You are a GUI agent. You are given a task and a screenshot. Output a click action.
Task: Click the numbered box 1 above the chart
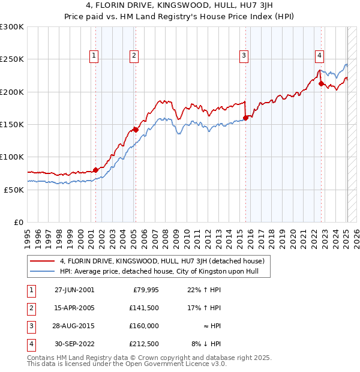pyautogui.click(x=95, y=56)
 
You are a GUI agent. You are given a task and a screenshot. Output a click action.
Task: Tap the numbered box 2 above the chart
pyautogui.click(x=133, y=56)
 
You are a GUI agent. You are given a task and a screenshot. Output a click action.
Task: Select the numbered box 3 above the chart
pyautogui.click(x=244, y=56)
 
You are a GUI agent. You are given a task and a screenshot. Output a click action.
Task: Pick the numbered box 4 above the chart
pyautogui.click(x=320, y=56)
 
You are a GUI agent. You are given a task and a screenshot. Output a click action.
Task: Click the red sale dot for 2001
pyautogui.click(x=95, y=170)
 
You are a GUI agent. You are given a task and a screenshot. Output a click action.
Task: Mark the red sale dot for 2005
pyautogui.click(x=136, y=130)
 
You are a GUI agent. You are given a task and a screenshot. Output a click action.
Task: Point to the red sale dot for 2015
pyautogui.click(x=245, y=118)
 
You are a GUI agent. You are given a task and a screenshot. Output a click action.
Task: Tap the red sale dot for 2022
pyautogui.click(x=321, y=83)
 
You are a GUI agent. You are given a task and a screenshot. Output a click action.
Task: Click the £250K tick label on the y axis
pyautogui.click(x=13, y=59)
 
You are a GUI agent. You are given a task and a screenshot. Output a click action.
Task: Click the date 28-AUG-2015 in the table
pyautogui.click(x=74, y=326)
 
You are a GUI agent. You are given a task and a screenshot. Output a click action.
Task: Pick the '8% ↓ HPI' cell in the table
pyautogui.click(x=206, y=344)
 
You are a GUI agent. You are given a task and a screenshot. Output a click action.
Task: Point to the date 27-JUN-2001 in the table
pyautogui.click(x=74, y=290)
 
